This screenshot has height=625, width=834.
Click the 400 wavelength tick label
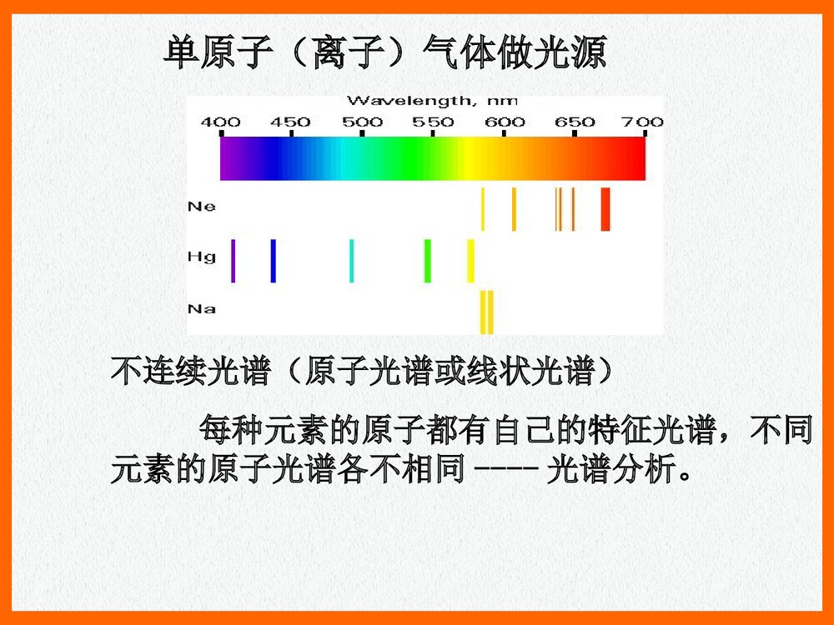pyautogui.click(x=221, y=122)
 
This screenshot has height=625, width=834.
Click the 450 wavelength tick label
pyautogui.click(x=291, y=122)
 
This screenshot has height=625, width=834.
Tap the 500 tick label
pyautogui.click(x=363, y=122)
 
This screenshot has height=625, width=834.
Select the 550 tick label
pyautogui.click(x=434, y=122)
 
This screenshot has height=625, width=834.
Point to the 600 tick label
pyautogui.click(x=505, y=122)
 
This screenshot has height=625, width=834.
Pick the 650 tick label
pyautogui.click(x=575, y=122)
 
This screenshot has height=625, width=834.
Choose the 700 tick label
pyautogui.click(x=644, y=122)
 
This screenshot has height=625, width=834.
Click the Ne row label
pyautogui.click(x=201, y=206)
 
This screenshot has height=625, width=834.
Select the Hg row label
pyautogui.click(x=201, y=257)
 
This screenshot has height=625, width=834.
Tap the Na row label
pyautogui.click(x=201, y=309)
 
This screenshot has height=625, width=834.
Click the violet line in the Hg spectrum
pyautogui.click(x=234, y=261)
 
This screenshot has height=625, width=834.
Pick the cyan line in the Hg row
pyautogui.click(x=351, y=261)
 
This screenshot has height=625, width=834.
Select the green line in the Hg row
pyautogui.click(x=428, y=261)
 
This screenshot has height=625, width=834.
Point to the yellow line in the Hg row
pyautogui.click(x=470, y=261)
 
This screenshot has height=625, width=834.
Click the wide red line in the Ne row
pyautogui.click(x=605, y=209)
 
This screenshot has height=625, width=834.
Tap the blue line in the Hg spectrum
pyautogui.click(x=273, y=261)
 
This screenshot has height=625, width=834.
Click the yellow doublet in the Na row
pyautogui.click(x=487, y=312)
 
